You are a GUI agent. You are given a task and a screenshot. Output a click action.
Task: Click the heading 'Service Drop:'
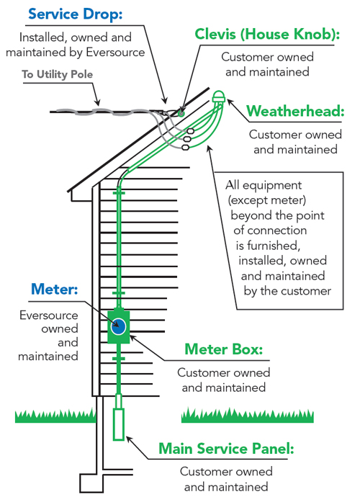(x=75, y=14)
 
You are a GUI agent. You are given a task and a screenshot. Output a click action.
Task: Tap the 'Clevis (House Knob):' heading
(x=267, y=35)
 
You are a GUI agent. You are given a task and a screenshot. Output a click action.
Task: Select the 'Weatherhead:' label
(x=295, y=111)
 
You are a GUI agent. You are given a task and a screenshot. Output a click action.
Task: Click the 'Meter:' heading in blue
(x=55, y=289)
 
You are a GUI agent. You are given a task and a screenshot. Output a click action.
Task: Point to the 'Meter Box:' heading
(x=224, y=349)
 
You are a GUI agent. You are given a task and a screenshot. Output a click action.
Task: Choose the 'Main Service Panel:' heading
(x=226, y=449)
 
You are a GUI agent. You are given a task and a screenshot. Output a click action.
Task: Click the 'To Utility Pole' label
(x=58, y=74)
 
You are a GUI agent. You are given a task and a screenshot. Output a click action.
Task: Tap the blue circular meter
(x=118, y=326)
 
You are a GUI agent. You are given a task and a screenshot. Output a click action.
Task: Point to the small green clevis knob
(x=181, y=113)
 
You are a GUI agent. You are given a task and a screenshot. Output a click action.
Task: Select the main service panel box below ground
(x=119, y=424)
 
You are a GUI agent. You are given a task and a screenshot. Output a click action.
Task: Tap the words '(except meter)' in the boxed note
(x=267, y=200)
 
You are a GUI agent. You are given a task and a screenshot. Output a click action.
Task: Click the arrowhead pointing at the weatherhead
(x=230, y=102)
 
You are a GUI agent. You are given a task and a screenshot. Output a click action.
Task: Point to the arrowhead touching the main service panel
(x=129, y=439)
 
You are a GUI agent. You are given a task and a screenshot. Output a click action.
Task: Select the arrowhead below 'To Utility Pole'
(x=98, y=103)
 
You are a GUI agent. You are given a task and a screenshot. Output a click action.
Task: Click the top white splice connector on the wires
(x=190, y=131)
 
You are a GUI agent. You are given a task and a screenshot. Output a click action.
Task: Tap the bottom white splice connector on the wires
(x=186, y=147)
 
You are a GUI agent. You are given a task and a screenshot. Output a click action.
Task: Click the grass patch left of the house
(x=55, y=416)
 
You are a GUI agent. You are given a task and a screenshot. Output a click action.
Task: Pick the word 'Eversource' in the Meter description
(x=49, y=315)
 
